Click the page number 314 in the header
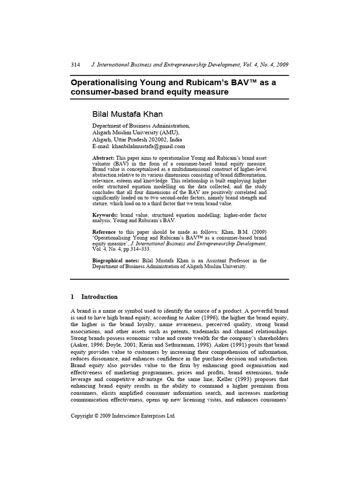(75, 64)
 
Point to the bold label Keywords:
(105, 214)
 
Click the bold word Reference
(104, 232)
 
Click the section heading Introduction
(99, 297)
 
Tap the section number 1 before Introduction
(72, 297)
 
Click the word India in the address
(177, 140)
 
